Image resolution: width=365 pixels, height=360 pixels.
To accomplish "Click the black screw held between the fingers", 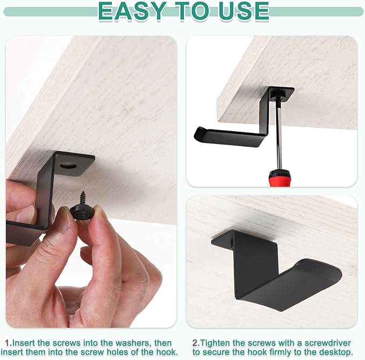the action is tap(82, 206).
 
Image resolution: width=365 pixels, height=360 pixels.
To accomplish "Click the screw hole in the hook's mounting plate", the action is tap(68, 166).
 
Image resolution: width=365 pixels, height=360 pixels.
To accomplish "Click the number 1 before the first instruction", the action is tap(9, 343).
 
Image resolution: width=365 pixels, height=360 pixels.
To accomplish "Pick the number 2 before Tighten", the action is tap(196, 343).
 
